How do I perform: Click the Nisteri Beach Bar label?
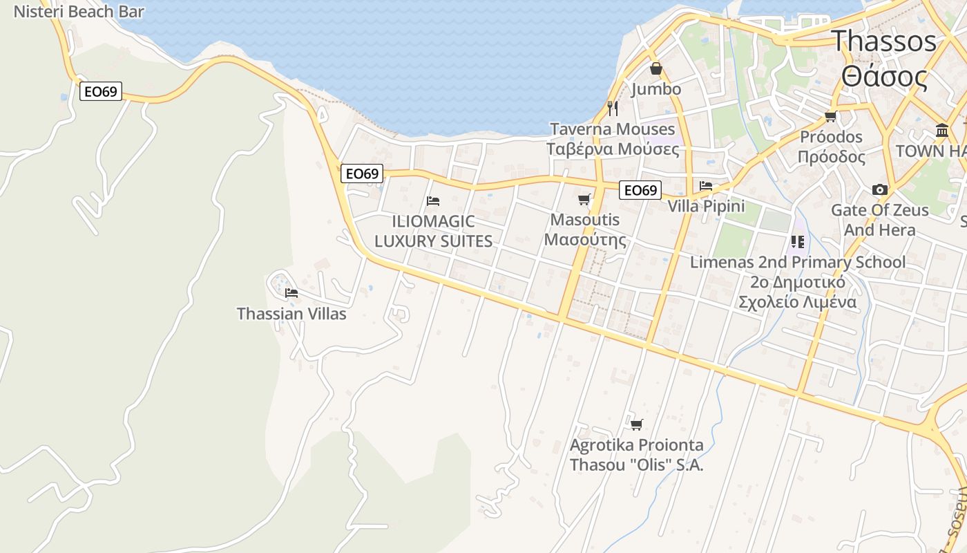[79, 12]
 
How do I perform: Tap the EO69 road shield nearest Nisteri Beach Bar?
[101, 91]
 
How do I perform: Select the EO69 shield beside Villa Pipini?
[640, 190]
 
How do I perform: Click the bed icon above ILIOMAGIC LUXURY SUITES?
[433, 201]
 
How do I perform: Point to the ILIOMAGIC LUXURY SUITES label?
[433, 231]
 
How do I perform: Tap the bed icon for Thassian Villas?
[291, 293]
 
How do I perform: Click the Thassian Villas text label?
[291, 314]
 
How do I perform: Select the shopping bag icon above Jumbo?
[655, 68]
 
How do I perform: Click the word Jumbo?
[655, 89]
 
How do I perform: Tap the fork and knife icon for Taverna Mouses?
[612, 109]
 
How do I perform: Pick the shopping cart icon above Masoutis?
[584, 200]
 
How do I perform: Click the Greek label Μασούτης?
[585, 240]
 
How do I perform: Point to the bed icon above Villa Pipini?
[706, 186]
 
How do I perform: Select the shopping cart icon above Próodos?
[831, 116]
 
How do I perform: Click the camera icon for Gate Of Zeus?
[879, 189]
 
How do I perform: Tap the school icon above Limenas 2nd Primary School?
[798, 242]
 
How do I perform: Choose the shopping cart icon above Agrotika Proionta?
[636, 424]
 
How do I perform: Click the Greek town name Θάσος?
[884, 77]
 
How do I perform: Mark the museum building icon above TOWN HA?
[942, 131]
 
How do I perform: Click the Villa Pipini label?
[706, 206]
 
